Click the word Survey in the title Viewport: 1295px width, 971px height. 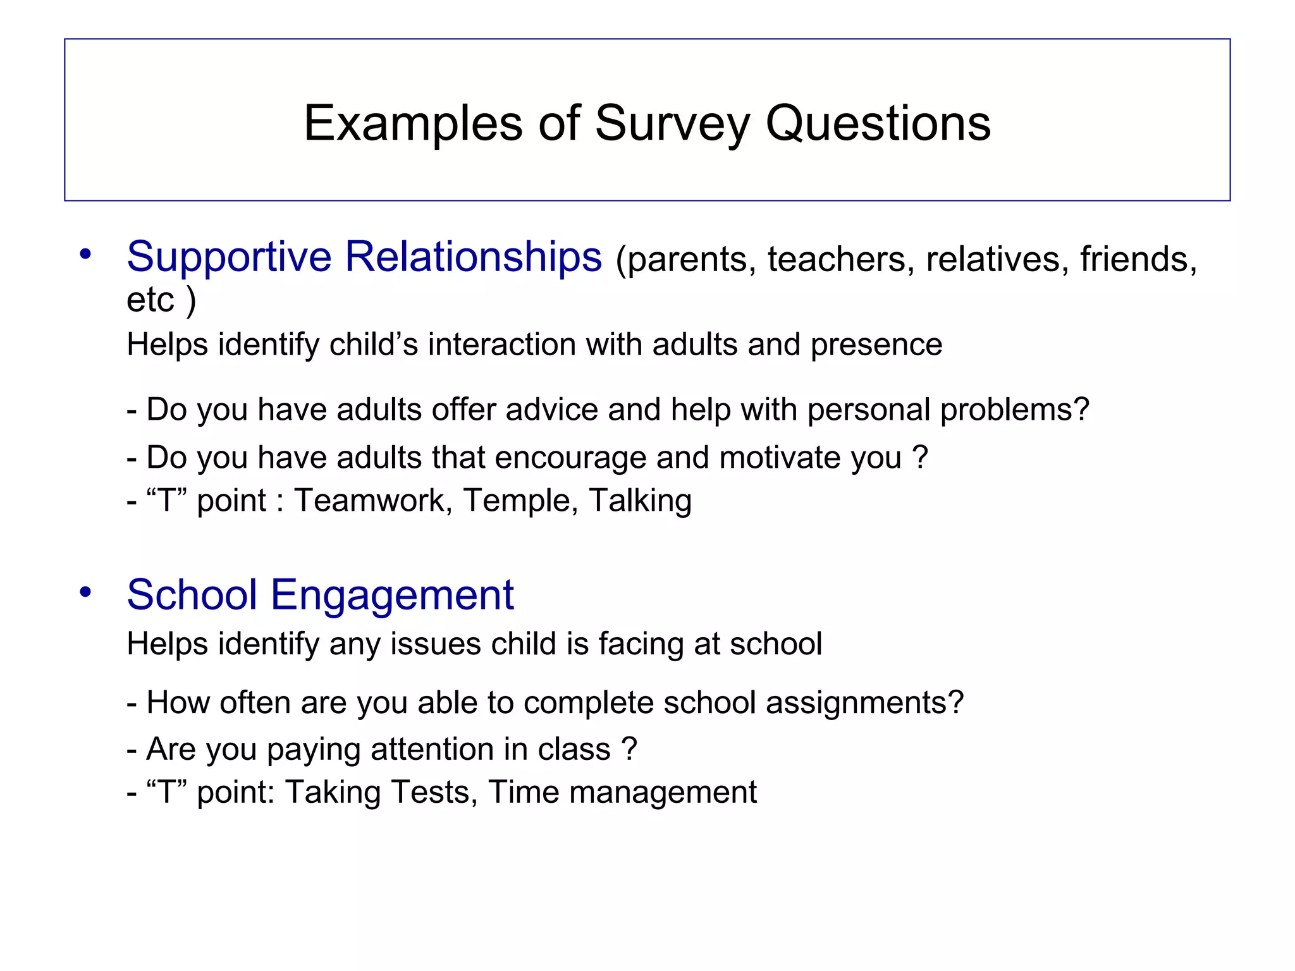click(672, 123)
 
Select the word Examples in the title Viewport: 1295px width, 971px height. click(413, 123)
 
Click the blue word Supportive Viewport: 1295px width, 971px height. click(229, 257)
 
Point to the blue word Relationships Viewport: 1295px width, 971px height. click(473, 257)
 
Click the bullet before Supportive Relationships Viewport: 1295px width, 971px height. click(85, 255)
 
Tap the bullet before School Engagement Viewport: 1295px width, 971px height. click(85, 592)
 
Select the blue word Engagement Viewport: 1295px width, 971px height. click(392, 595)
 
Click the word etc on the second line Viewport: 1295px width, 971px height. click(150, 300)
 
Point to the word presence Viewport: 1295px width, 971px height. click(876, 345)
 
